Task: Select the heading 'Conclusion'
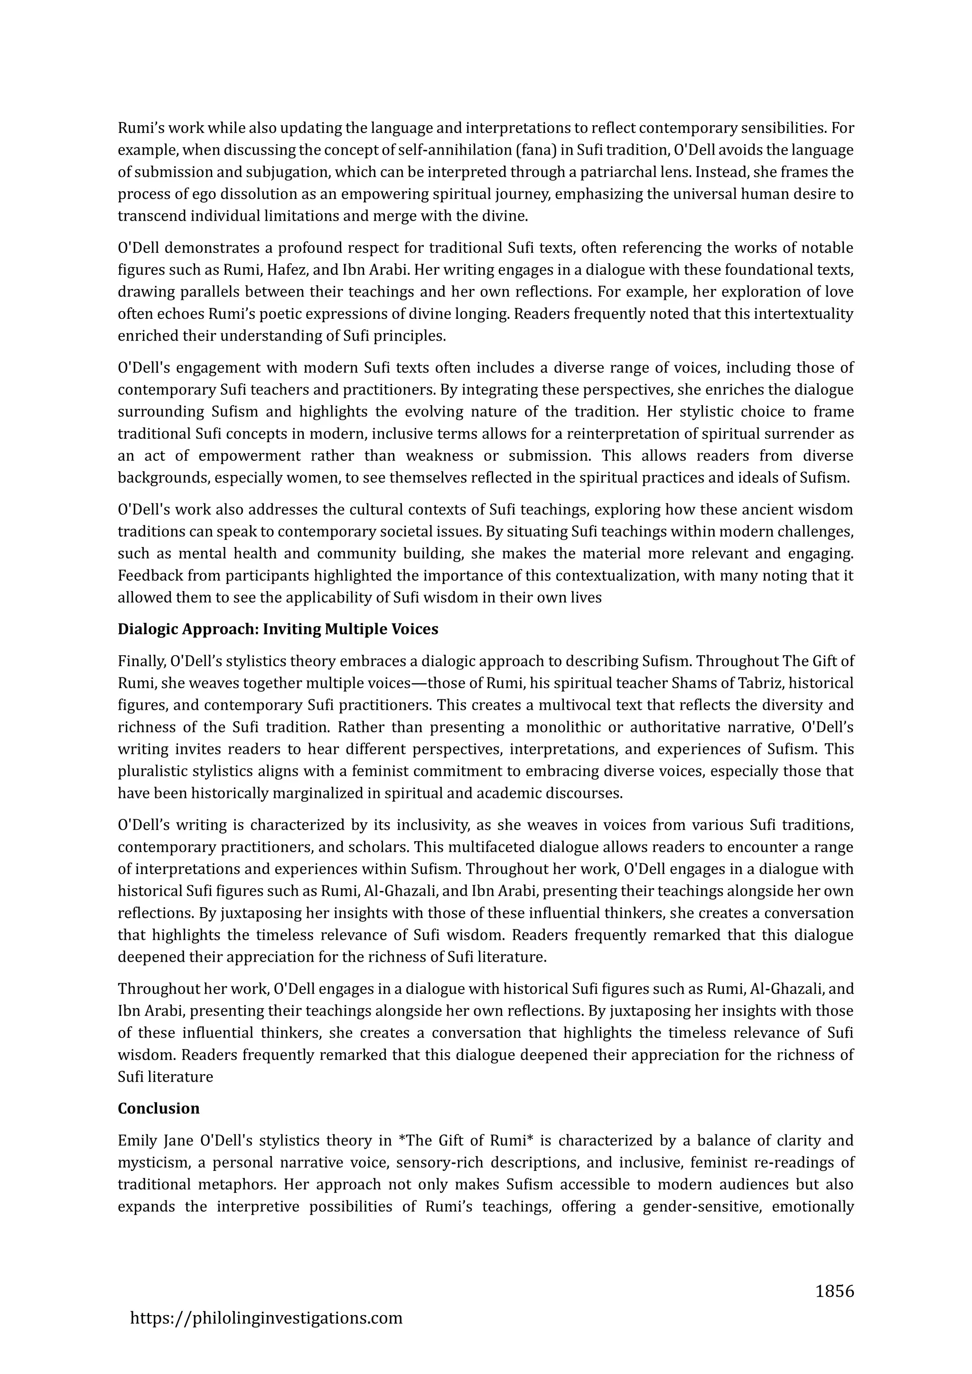[159, 1108]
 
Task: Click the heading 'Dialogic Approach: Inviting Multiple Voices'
[278, 629]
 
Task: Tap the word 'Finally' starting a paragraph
[142, 661]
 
